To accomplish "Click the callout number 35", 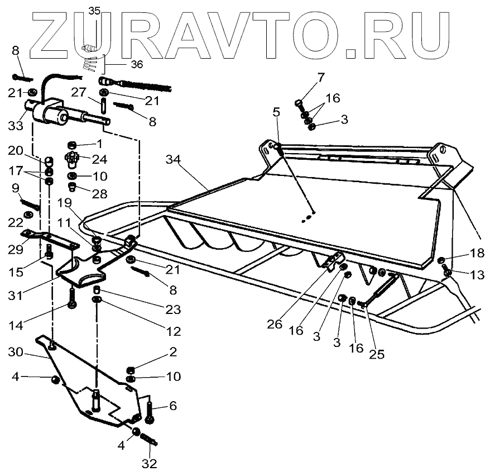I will click(94, 10).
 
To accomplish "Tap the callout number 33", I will click(16, 126).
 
